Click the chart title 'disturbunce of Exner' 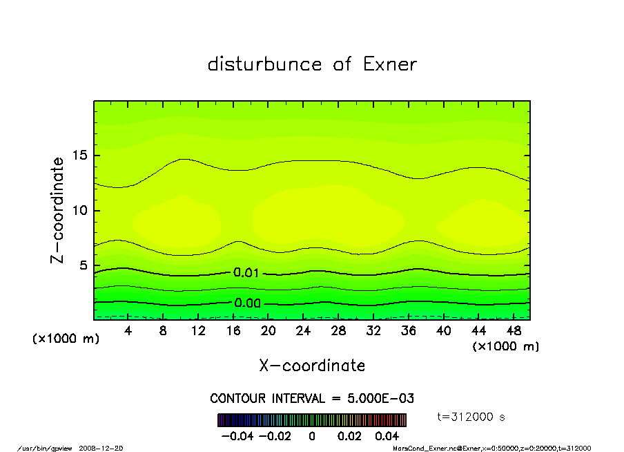click(312, 64)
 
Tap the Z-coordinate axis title click(57, 210)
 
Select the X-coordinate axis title click(312, 366)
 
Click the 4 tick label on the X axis click(128, 331)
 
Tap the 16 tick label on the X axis click(233, 331)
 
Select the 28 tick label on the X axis click(338, 331)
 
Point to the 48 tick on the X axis click(514, 331)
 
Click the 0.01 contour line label click(246, 273)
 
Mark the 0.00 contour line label click(247, 303)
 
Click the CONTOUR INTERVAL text click(312, 399)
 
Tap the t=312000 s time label click(471, 417)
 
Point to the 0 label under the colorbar click(312, 436)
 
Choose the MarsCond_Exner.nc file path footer click(491, 448)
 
